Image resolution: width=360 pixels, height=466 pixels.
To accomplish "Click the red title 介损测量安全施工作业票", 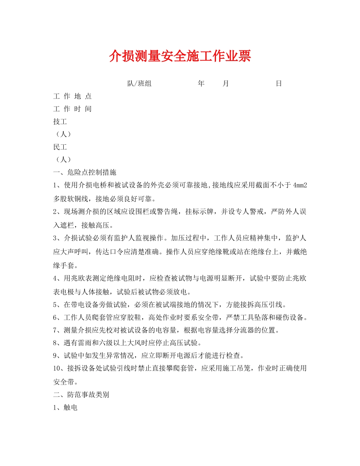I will tap(180, 56).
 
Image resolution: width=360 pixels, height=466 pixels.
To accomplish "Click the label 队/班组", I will tap(139, 84).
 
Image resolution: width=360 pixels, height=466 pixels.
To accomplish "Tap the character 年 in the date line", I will tap(201, 84).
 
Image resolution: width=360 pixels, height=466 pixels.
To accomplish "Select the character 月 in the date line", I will tap(225, 84).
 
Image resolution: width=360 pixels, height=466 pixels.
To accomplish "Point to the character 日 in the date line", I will tap(279, 84).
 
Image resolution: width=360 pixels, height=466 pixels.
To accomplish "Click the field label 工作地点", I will tap(72, 96).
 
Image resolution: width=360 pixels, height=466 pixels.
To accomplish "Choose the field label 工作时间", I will tap(72, 109).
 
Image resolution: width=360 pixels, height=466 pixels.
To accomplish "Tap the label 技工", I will tap(60, 122).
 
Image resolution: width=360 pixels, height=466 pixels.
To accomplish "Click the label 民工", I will tap(60, 147).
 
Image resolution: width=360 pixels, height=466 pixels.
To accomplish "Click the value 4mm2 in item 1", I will tap(297, 185).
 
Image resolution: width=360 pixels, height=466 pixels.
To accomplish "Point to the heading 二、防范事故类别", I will tap(81, 395).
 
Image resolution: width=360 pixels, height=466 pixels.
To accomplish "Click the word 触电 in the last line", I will tap(71, 408).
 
